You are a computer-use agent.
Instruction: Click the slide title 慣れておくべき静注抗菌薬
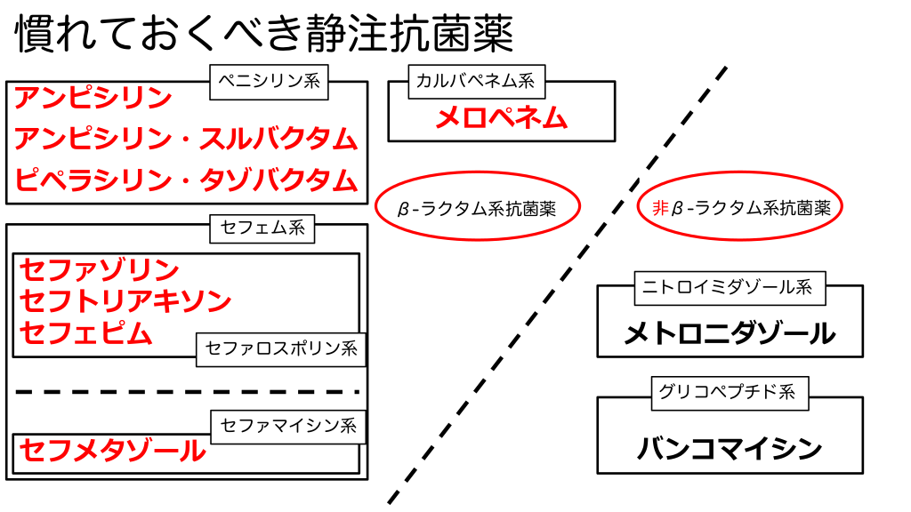pyautogui.click(x=264, y=36)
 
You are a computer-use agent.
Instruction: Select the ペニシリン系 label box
pyautogui.click(x=269, y=83)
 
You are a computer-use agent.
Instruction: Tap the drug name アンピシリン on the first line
pyautogui.click(x=93, y=98)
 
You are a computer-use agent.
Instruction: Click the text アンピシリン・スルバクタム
pyautogui.click(x=186, y=139)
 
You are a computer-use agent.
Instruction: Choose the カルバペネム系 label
pyautogui.click(x=475, y=83)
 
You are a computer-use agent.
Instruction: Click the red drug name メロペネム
pyautogui.click(x=501, y=118)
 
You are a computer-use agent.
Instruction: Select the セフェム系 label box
pyautogui.click(x=262, y=228)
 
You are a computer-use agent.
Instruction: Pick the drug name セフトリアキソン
pyautogui.click(x=125, y=301)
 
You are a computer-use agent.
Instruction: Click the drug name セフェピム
pyautogui.click(x=86, y=333)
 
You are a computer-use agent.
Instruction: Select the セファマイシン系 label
pyautogui.click(x=288, y=426)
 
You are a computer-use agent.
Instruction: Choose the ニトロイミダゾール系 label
pyautogui.click(x=728, y=287)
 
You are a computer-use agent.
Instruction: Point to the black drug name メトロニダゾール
pyautogui.click(x=730, y=334)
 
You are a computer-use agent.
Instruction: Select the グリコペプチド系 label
pyautogui.click(x=728, y=392)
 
